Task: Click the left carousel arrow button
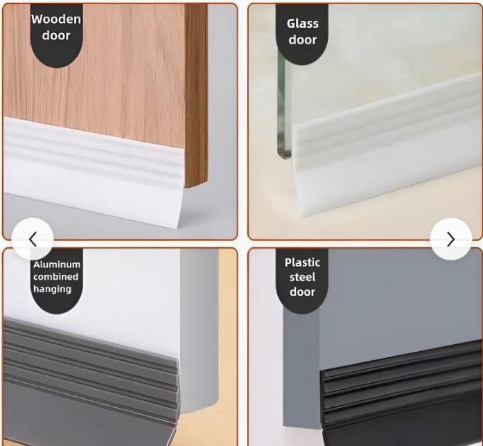coord(33,239)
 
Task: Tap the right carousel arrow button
coord(450,239)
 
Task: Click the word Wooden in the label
coord(56,19)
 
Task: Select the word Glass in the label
coord(303,24)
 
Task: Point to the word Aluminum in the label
coord(57,265)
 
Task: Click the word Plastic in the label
coord(302,262)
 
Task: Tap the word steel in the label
coord(302,277)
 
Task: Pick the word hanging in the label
coord(52,289)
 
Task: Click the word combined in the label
coord(56,277)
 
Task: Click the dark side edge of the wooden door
coord(196,90)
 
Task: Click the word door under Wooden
coord(56,35)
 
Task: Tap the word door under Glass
coord(303,40)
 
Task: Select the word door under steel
coord(302,292)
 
